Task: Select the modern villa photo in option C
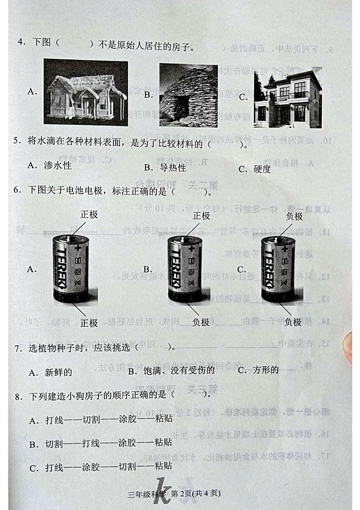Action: tap(287, 96)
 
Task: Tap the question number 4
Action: tap(20, 42)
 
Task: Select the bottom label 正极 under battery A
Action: tap(89, 323)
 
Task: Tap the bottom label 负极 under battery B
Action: tap(200, 322)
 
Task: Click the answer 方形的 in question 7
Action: tap(265, 370)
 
